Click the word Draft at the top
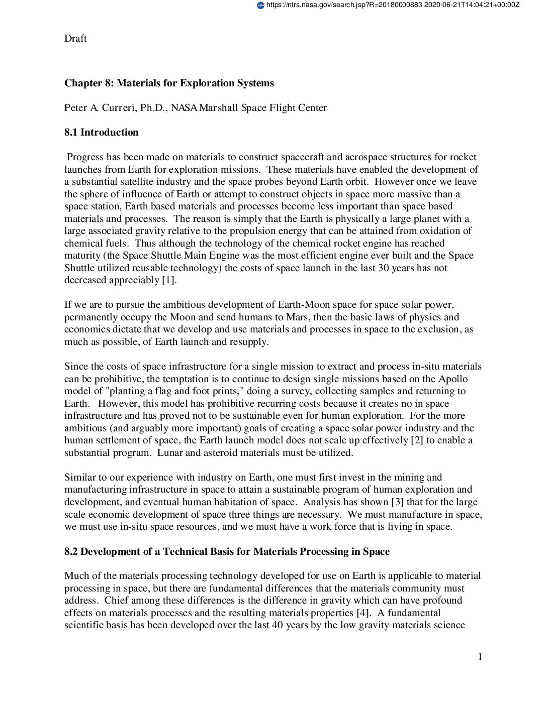click(75, 39)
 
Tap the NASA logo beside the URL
click(260, 5)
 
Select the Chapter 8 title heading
click(169, 83)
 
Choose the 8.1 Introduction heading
click(101, 133)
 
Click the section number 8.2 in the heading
click(71, 552)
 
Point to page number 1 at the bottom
click(480, 657)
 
